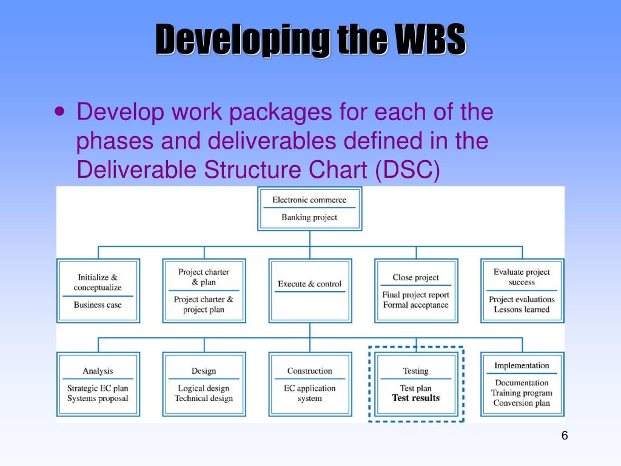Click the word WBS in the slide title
431,40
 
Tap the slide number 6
565,436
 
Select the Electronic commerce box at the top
309,209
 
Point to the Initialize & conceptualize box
98,290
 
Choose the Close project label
415,277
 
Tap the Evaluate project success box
522,290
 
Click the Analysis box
98,384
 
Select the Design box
204,384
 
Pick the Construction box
309,384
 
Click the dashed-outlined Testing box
416,384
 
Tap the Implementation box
522,384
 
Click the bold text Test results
416,398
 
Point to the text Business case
98,305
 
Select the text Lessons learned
522,309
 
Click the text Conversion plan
522,403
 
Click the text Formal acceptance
415,305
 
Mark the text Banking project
309,217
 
